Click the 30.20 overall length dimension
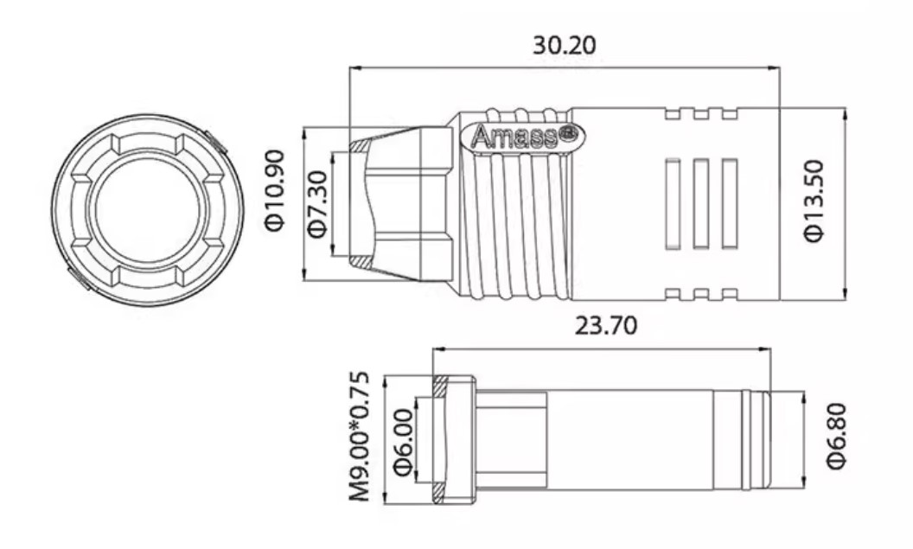(564, 46)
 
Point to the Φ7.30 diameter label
(316, 204)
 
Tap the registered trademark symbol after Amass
(569, 133)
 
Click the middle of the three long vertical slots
(701, 204)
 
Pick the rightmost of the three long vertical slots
(729, 204)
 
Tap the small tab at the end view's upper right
(216, 140)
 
